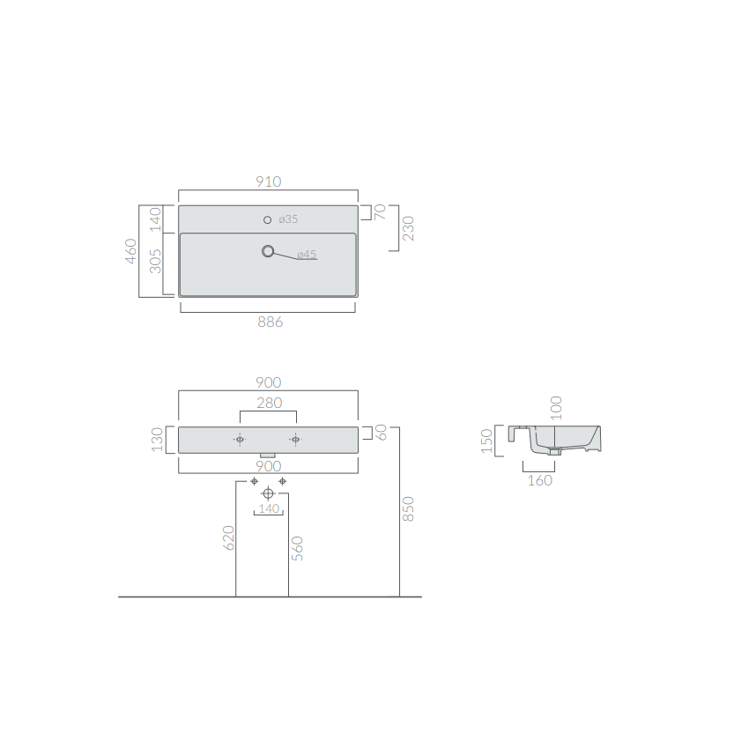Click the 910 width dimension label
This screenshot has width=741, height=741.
[x=269, y=182]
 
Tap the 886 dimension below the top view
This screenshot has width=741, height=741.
[x=270, y=322]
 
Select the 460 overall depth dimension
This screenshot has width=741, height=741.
[x=131, y=251]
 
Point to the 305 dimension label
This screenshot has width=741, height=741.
[x=155, y=262]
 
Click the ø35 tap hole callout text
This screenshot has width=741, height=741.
[x=288, y=219]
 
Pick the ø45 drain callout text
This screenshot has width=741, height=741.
[x=307, y=255]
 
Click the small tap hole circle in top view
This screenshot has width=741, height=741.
[x=268, y=219]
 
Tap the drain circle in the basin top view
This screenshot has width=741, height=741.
[x=268, y=251]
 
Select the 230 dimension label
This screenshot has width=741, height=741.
[x=408, y=228]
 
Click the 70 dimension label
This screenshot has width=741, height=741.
[x=380, y=211]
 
